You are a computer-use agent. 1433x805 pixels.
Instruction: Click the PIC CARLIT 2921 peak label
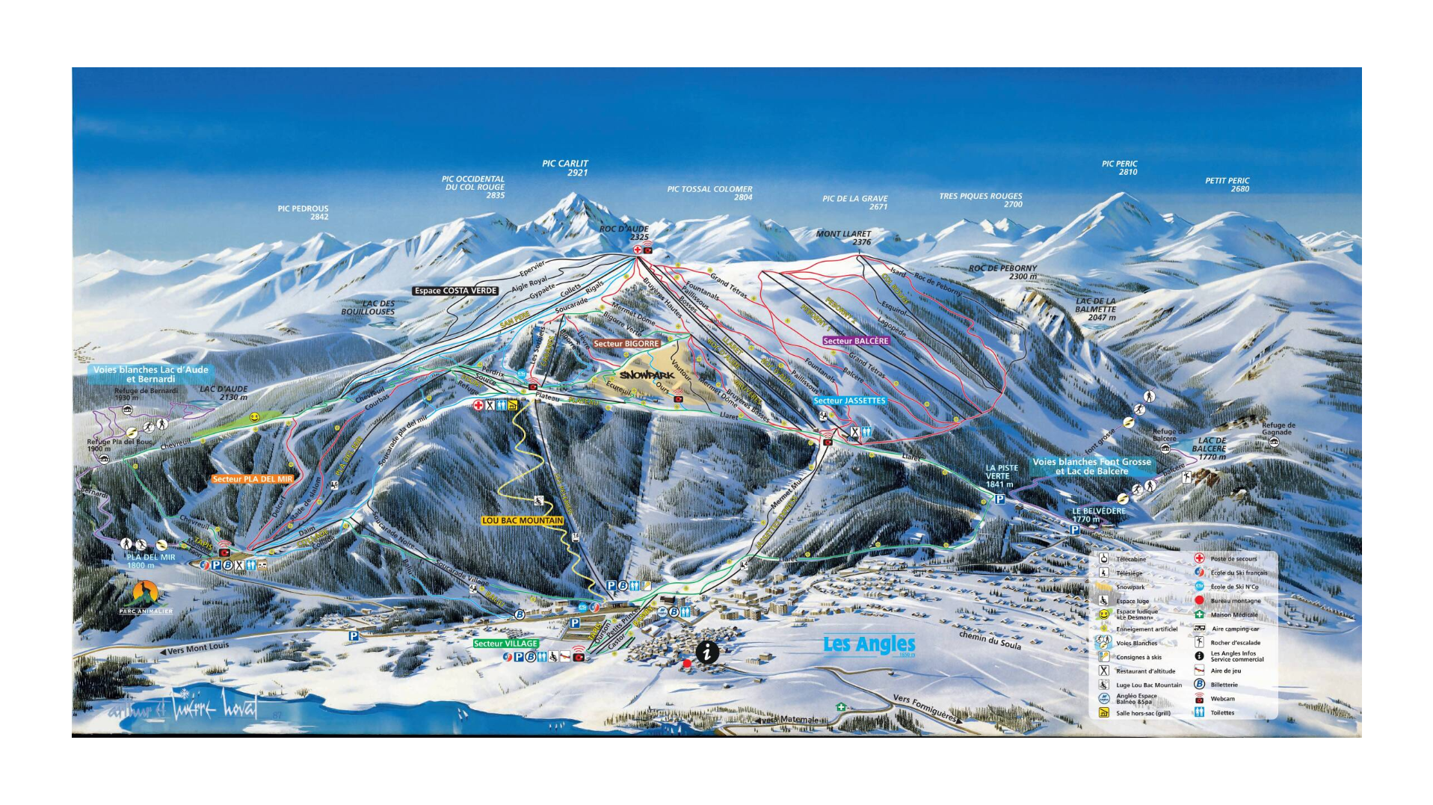tap(565, 167)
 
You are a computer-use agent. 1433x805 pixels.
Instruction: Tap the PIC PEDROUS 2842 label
tap(303, 213)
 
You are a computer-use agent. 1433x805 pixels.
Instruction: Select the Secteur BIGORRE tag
tap(626, 344)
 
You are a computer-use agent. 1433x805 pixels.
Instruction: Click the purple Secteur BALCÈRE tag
tap(856, 341)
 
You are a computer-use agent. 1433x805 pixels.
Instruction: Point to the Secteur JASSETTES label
tap(849, 401)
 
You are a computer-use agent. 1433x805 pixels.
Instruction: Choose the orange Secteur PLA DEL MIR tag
tap(253, 479)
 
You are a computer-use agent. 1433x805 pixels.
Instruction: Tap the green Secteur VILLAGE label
tap(505, 644)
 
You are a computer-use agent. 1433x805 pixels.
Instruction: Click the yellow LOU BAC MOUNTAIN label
tap(523, 520)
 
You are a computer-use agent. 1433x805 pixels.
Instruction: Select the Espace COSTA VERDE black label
tap(455, 291)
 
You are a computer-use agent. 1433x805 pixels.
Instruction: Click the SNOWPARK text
tap(647, 374)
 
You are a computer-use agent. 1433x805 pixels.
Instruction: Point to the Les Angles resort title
tap(869, 644)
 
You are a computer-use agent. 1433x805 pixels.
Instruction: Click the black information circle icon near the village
tap(707, 653)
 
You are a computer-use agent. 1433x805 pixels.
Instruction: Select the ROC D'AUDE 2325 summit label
tap(624, 232)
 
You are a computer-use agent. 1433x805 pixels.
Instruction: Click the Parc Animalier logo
tap(145, 596)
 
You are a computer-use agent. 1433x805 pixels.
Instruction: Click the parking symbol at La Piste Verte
tap(999, 499)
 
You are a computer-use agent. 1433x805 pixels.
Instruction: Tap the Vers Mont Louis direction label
tap(194, 649)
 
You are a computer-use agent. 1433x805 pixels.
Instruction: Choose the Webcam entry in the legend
tap(1222, 699)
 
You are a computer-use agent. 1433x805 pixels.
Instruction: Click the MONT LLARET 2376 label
tap(843, 238)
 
